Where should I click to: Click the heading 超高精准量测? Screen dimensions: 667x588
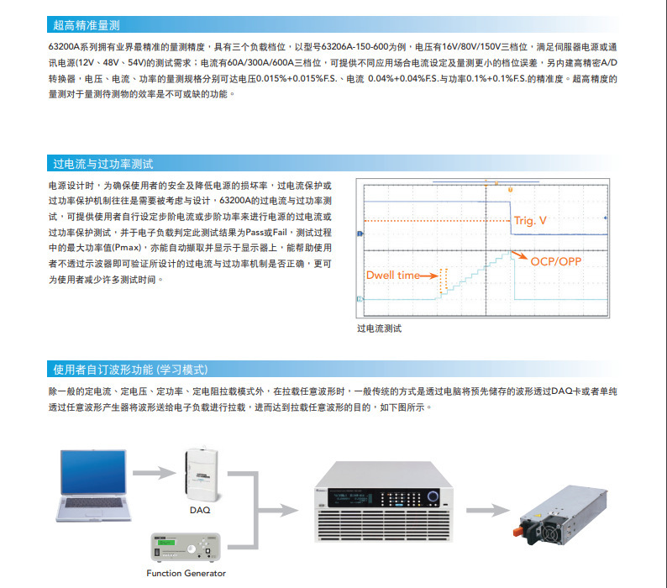click(87, 25)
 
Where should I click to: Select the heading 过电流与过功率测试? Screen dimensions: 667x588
click(102, 164)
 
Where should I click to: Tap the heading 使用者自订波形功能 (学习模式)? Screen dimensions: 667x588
click(130, 370)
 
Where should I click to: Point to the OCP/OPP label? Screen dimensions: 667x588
click(555, 261)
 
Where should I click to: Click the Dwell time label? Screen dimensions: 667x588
click(393, 276)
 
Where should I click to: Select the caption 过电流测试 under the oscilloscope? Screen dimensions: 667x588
click(380, 328)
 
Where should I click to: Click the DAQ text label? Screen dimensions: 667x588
click(200, 510)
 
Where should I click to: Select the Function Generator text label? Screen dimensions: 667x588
click(186, 574)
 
